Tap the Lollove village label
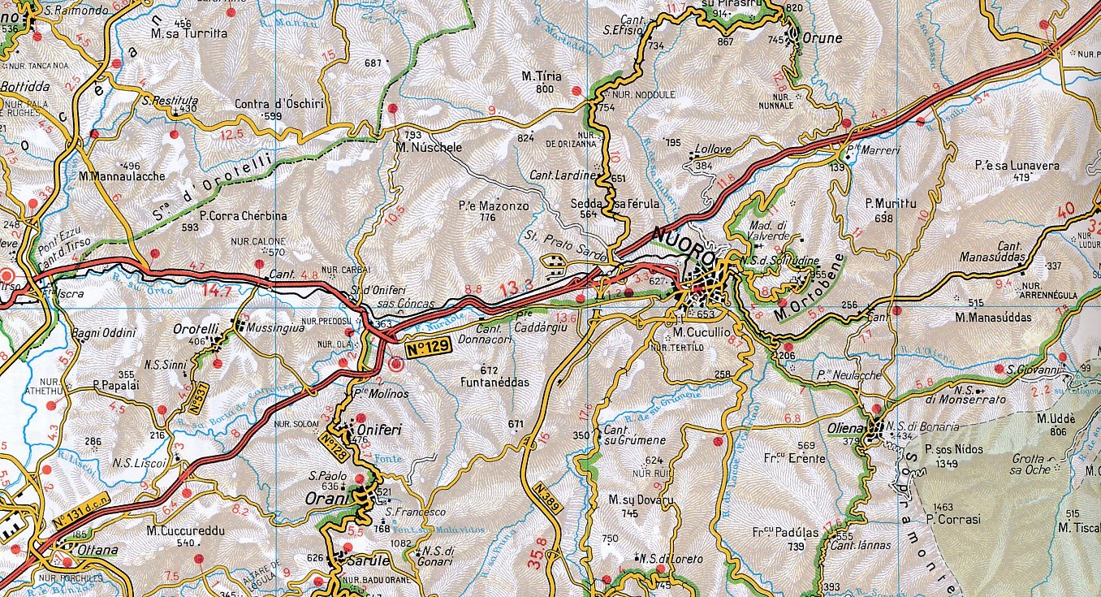[710, 150]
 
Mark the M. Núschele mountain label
[429, 148]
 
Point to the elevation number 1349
[946, 464]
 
